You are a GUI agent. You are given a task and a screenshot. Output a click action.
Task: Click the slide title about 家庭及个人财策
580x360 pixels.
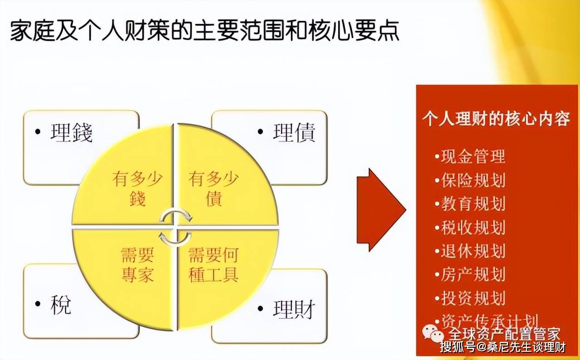pos(204,31)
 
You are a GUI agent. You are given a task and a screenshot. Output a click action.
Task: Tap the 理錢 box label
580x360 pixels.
pos(72,133)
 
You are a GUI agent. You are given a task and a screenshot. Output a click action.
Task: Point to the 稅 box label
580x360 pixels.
pos(60,306)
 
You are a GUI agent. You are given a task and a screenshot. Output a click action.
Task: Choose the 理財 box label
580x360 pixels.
pos(294,310)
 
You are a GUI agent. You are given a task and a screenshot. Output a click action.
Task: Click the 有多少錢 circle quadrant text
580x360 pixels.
pos(136,188)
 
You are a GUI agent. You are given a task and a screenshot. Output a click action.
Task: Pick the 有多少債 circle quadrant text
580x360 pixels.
pos(213,188)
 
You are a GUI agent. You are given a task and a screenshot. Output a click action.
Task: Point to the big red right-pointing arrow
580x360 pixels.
pos(380,209)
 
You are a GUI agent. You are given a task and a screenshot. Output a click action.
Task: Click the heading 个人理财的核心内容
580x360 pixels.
pos(496,119)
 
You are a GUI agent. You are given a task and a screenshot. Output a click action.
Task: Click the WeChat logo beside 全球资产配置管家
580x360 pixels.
pos(433,334)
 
